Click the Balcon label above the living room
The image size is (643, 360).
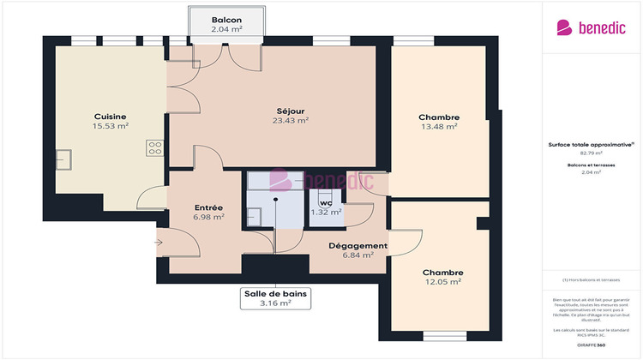coord(226,20)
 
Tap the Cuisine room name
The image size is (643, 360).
coord(111,117)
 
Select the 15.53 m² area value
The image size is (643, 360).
coord(111,126)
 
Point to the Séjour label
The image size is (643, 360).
coord(291,111)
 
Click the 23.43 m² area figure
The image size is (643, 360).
coord(291,121)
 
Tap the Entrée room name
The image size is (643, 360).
coord(209,207)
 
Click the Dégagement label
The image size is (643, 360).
coord(358,245)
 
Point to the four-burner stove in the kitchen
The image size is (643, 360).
coord(155,147)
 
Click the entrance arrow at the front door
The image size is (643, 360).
coord(159,243)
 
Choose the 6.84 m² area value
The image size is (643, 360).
coord(358,255)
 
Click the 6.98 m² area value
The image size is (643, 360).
coord(209,217)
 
